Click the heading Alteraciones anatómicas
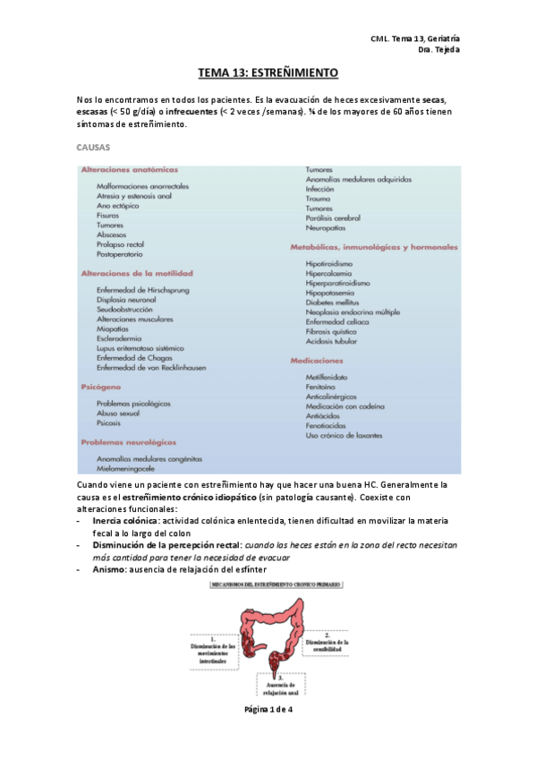click(129, 169)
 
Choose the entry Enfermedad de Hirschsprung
click(143, 289)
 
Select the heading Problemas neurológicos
click(128, 442)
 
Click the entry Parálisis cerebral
click(333, 217)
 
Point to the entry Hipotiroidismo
click(329, 264)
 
